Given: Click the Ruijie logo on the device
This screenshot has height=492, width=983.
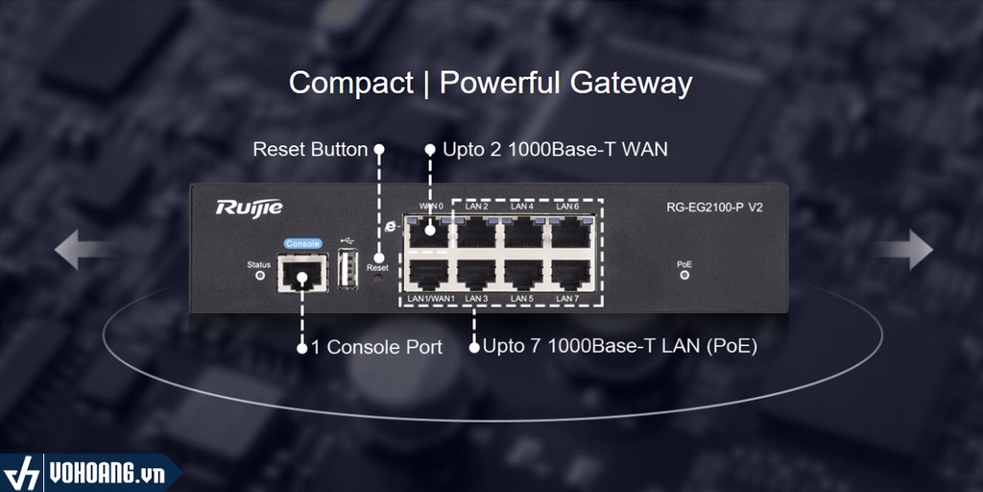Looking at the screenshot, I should click(x=249, y=208).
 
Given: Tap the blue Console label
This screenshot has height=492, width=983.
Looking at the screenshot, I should click(x=301, y=244).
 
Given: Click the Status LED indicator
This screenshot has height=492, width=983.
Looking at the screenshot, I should click(x=259, y=275).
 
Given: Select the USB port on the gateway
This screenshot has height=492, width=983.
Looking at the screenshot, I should click(x=348, y=269).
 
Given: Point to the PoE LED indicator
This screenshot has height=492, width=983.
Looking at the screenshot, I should click(x=684, y=275).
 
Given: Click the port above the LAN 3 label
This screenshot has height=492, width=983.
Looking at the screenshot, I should click(x=477, y=273).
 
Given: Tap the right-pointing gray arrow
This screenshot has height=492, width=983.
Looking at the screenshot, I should click(x=903, y=250).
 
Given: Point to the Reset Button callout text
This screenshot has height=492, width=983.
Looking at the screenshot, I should click(x=310, y=149).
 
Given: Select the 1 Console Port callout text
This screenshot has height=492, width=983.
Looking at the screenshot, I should click(x=376, y=347).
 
